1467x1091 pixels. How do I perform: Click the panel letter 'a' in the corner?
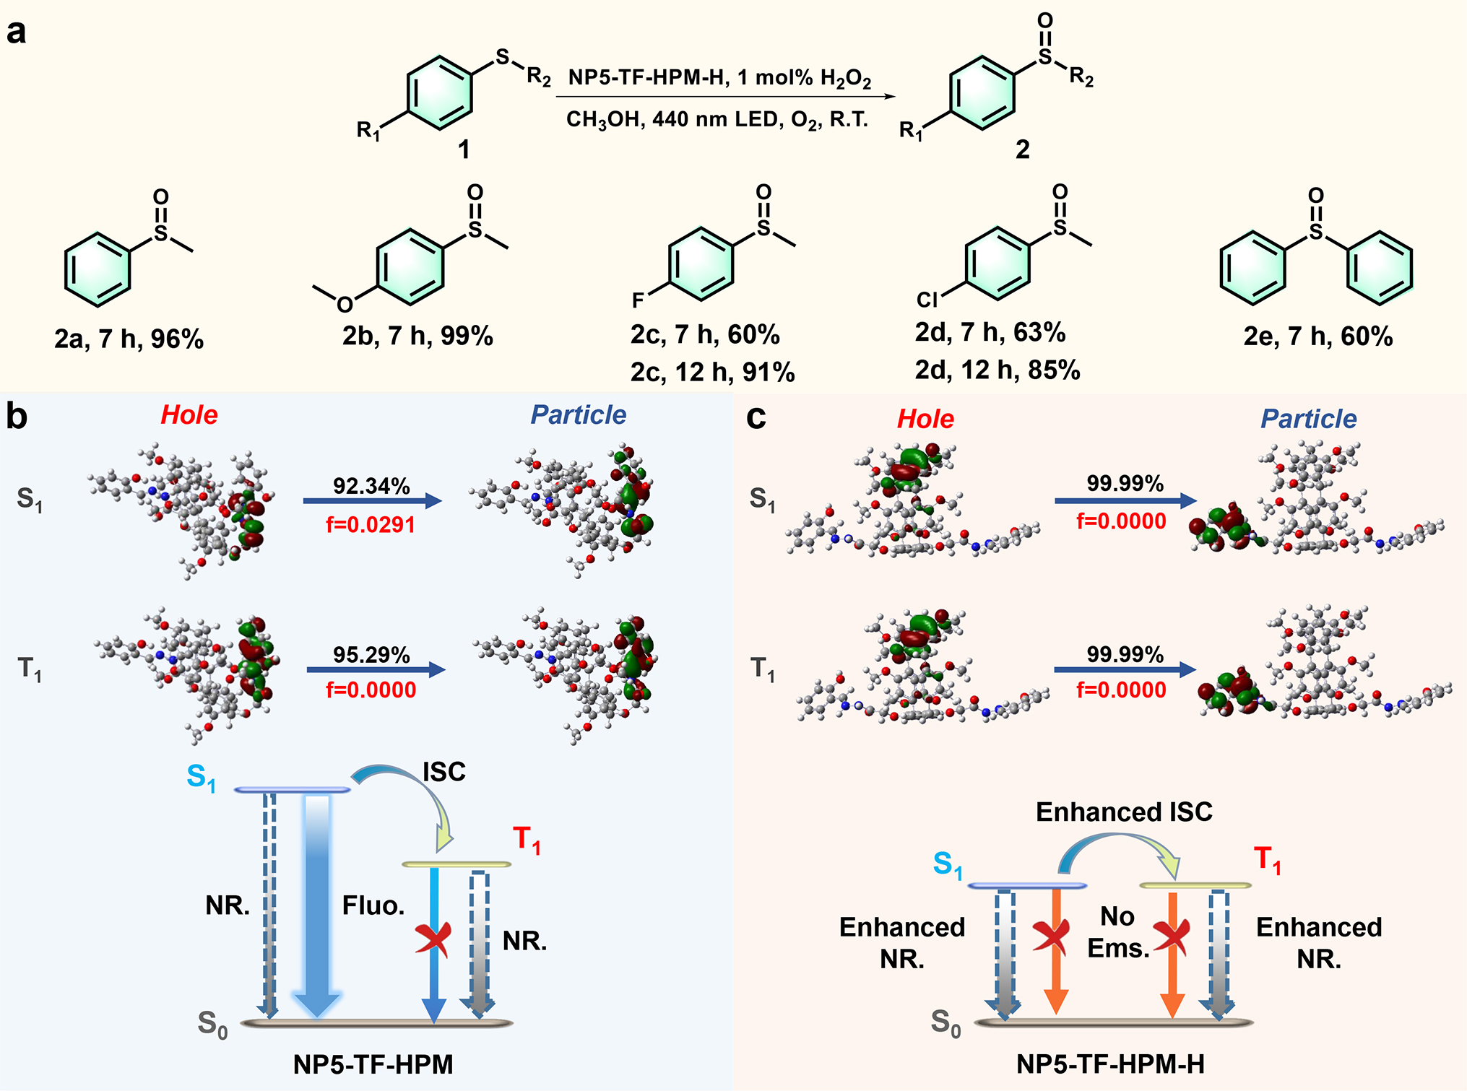[16, 32]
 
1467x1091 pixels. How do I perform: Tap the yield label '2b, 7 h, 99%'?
[417, 336]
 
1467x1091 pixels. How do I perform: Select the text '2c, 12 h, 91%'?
[712, 373]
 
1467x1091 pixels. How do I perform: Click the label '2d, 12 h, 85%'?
[998, 370]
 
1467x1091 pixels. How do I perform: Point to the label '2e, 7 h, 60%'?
[1317, 336]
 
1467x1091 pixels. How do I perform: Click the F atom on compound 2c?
[638, 300]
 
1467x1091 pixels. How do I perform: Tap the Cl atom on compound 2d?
[927, 300]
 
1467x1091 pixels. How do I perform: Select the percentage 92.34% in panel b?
[371, 486]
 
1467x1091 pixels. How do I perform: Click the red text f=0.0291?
[371, 524]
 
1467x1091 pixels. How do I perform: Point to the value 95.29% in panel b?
[371, 655]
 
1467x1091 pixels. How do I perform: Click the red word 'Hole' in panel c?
[925, 419]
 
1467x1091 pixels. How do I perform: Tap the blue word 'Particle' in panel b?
[578, 415]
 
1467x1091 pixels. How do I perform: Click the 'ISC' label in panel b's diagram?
[443, 772]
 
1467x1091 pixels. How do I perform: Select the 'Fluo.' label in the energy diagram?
[373, 905]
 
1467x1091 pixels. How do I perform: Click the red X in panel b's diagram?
[433, 939]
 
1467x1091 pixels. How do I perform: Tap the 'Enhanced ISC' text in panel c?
[1124, 812]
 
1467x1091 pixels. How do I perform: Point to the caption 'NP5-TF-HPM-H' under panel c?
[1110, 1064]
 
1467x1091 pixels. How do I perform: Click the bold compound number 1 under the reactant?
[464, 149]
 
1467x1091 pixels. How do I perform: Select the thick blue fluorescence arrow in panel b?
[317, 903]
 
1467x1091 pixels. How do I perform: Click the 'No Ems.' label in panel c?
[1118, 932]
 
